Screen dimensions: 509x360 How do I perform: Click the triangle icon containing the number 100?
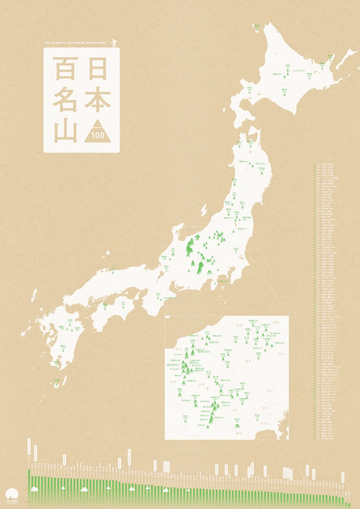pos(97,132)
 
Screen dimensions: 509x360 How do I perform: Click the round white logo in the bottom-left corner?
pos(12,495)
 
